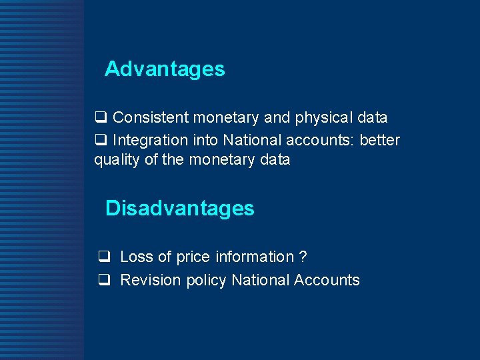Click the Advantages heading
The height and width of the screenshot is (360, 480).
pos(165,69)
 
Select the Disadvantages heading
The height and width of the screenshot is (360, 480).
pos(180,208)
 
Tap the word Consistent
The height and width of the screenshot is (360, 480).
pos(151,118)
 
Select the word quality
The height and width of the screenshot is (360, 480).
pos(115,160)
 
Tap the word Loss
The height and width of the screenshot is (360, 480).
pos(137,257)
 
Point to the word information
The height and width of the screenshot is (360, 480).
pos(253,257)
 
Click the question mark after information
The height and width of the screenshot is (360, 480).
pos(303,257)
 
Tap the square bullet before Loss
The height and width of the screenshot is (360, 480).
pos(104,257)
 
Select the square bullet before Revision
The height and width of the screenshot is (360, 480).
pos(104,281)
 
